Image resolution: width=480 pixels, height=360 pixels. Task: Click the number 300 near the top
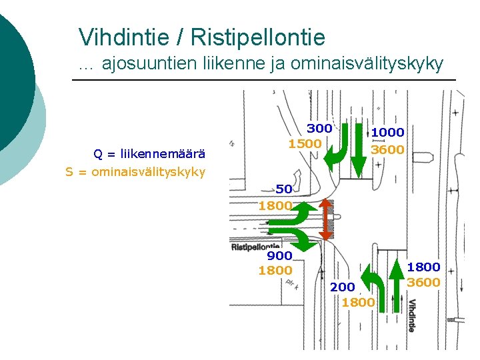pos(319,128)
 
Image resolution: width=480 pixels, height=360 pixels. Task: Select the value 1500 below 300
pos(305,143)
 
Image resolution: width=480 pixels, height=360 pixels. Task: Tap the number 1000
pos(387,133)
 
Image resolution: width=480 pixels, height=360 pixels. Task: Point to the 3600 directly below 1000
pos(387,149)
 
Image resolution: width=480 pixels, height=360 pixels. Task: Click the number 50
pos(283,189)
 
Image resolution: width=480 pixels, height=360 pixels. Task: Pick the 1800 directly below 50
pos(275,205)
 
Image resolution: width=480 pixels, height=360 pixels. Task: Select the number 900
pos(279,255)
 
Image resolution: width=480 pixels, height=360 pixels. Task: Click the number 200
pos(342,287)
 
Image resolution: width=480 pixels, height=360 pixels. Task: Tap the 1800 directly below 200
pos(358,303)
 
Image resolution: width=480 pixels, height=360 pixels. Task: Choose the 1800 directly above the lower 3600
pos(423,267)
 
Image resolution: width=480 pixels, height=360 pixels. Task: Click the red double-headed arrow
pos(325,219)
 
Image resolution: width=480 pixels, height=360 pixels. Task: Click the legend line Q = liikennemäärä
pos(149,154)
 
